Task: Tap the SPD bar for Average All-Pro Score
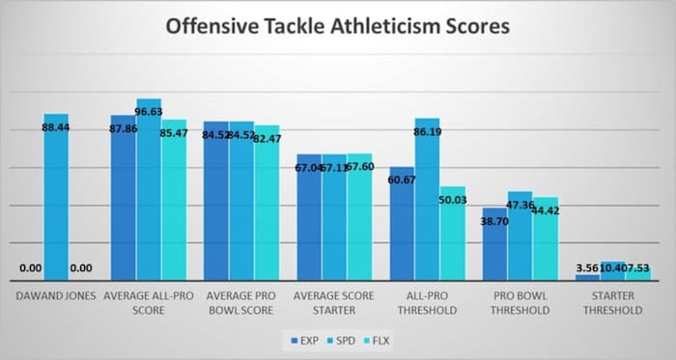(x=149, y=193)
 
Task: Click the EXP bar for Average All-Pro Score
(x=123, y=203)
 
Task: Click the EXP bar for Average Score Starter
(x=308, y=222)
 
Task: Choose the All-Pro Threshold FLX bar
(x=452, y=236)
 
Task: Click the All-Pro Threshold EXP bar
(x=402, y=227)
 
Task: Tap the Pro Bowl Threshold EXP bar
(x=494, y=246)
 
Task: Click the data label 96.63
(x=149, y=112)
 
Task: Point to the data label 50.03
(x=451, y=200)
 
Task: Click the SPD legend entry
(x=341, y=341)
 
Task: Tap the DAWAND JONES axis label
(x=55, y=297)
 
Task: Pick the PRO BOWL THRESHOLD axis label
(x=520, y=303)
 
